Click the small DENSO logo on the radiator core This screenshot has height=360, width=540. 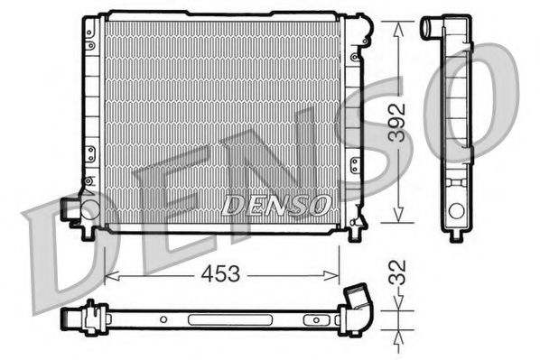pos(275,206)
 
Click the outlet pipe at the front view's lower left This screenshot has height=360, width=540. pos(69,209)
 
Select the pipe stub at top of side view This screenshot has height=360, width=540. pos(432,28)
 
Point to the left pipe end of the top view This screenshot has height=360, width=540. pos(69,318)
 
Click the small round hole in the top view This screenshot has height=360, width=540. pos(163,319)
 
